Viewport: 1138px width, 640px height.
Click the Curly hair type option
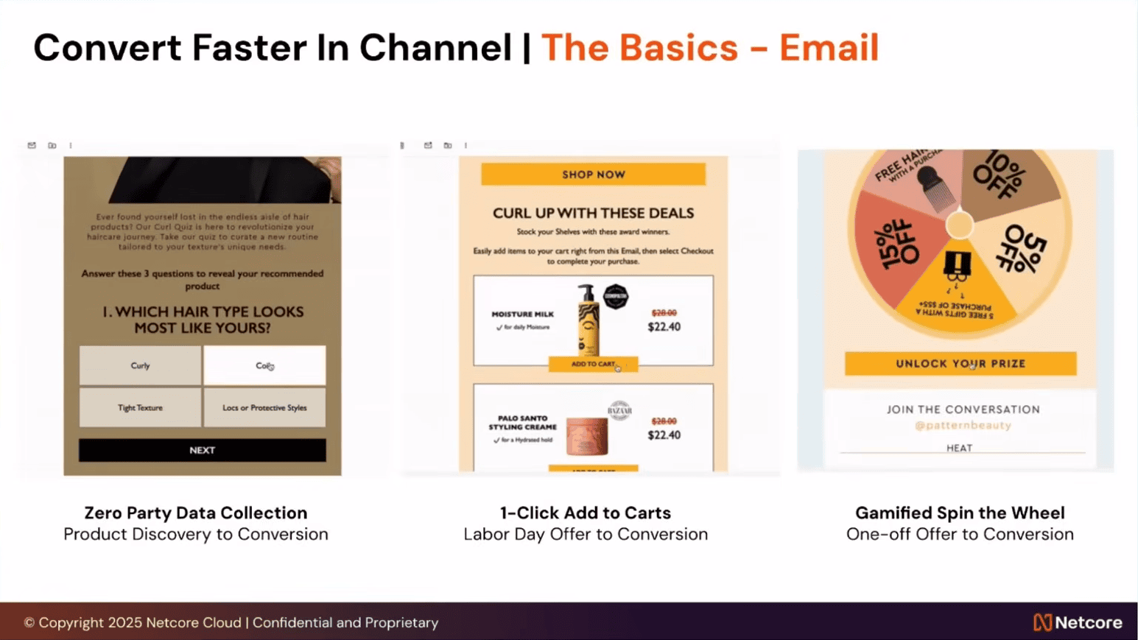tap(140, 365)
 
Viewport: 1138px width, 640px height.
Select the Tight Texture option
tap(140, 407)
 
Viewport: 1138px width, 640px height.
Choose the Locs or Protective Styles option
tap(264, 407)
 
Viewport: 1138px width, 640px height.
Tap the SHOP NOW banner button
tap(593, 175)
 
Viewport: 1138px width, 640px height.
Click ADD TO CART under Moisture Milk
tap(593, 364)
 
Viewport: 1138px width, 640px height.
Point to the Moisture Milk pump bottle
tap(588, 321)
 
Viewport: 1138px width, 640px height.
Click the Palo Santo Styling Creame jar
tap(586, 435)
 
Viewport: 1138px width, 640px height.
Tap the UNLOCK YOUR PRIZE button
tap(960, 364)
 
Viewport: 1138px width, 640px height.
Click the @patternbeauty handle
tap(963, 425)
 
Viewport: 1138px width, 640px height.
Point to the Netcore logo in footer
tap(1077, 622)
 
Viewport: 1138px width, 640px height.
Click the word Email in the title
tap(829, 48)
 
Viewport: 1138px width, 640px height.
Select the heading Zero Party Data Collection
tap(196, 513)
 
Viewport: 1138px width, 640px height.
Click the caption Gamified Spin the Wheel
tap(960, 513)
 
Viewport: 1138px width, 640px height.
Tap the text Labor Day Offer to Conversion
tap(586, 534)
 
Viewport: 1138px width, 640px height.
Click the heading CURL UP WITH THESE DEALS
tap(593, 213)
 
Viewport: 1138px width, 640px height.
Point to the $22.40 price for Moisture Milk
tap(664, 327)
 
